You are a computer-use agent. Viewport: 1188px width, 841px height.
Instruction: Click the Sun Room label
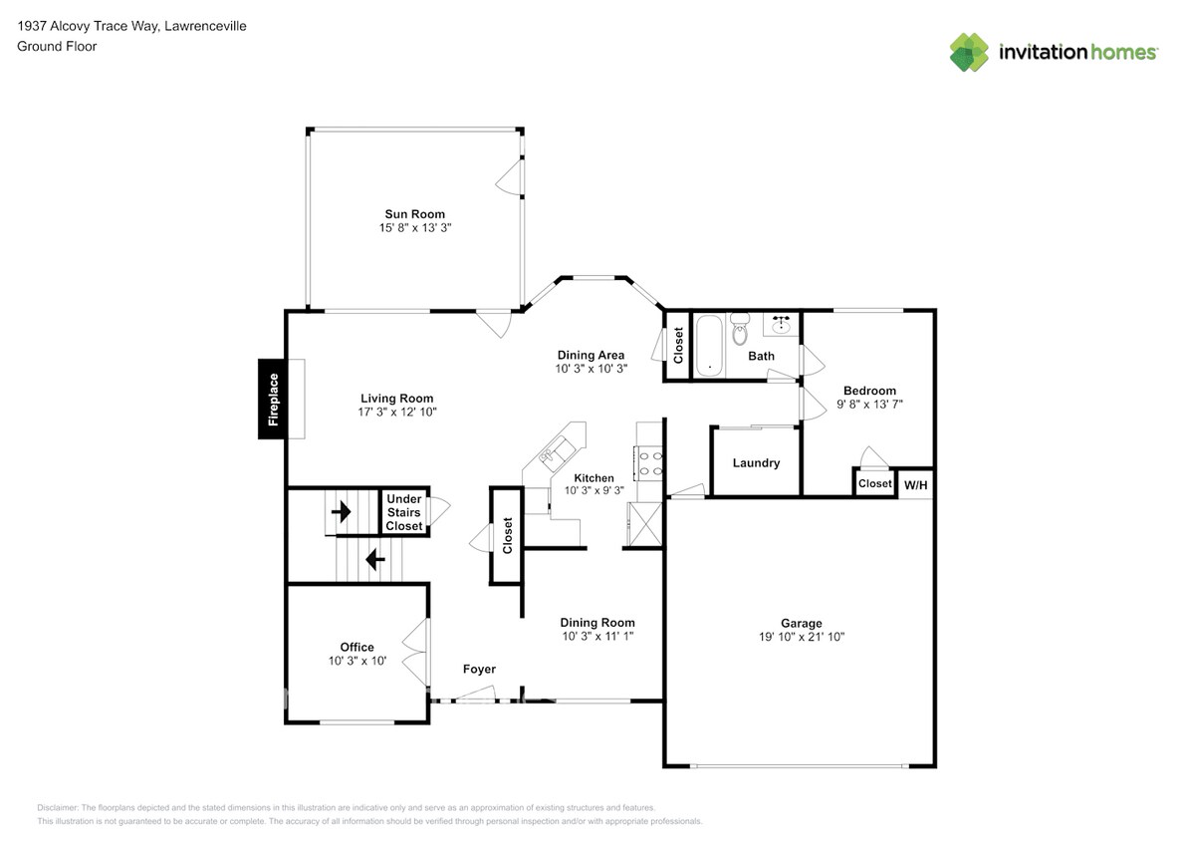(414, 214)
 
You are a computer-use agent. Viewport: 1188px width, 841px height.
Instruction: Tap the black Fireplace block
(273, 399)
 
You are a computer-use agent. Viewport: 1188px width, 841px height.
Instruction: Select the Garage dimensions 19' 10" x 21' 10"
(801, 637)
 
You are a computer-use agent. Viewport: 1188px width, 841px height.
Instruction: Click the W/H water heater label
(915, 485)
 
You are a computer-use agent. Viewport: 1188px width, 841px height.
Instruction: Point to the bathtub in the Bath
(710, 346)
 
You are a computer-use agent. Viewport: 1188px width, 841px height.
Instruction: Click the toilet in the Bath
(740, 329)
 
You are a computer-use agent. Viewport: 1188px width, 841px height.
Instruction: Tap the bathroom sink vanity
(781, 325)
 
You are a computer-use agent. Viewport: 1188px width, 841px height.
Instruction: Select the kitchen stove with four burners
(648, 463)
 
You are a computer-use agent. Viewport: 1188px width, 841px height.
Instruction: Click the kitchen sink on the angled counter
(556, 449)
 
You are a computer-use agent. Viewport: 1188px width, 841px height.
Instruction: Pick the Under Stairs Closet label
(404, 512)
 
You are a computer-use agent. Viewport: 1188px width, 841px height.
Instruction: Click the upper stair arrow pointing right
(341, 512)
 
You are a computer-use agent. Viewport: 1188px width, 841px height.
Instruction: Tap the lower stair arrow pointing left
(375, 560)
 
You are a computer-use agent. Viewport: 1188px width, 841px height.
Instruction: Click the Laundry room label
(756, 462)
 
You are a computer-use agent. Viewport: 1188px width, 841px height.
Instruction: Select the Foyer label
(479, 669)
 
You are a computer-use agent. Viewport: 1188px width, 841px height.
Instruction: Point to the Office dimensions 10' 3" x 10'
(356, 662)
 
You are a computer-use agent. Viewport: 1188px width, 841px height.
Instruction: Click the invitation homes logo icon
(969, 53)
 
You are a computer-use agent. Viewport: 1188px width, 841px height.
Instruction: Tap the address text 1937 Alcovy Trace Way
(88, 26)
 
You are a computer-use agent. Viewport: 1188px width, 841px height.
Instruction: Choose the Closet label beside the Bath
(678, 346)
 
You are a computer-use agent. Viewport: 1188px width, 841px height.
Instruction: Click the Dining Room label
(597, 623)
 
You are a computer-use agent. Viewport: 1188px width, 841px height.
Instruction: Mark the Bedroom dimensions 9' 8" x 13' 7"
(869, 405)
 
